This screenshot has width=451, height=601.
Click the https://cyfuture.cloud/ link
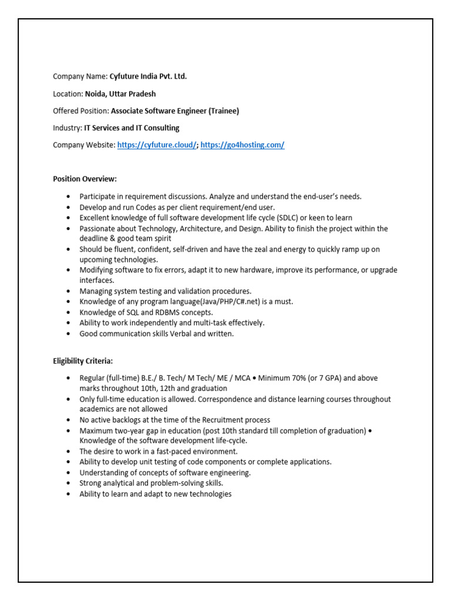pos(157,145)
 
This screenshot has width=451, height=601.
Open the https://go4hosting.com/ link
pos(243,145)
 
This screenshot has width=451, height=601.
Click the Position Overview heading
pos(85,178)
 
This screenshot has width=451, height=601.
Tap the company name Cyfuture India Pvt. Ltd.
pos(148,76)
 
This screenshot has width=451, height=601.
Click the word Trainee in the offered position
pos(223,110)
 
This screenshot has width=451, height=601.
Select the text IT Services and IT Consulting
pos(132,127)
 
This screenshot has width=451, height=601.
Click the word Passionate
pos(98,228)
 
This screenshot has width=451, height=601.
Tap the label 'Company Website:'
pos(84,145)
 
